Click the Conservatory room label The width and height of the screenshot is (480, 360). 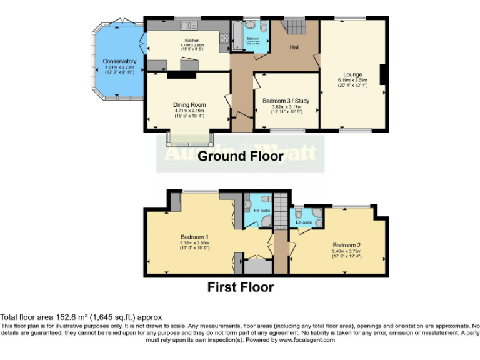coord(119,61)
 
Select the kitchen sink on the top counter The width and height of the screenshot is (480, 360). coord(188,26)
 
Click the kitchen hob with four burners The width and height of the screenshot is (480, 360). coord(224,41)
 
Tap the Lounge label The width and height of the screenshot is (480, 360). coord(352,74)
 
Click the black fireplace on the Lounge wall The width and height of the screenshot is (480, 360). coord(383,73)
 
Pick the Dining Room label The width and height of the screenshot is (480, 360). coord(189,105)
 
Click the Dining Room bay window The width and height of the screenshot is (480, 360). coord(189,139)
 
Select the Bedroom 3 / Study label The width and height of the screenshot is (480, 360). coord(286,101)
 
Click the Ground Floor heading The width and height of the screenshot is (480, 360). coord(241,156)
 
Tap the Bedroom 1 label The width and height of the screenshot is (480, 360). coord(194,237)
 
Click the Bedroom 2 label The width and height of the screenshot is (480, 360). coord(347,245)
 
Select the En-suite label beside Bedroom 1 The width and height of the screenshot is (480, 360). coord(261,211)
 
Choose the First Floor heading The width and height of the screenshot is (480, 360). coord(241,287)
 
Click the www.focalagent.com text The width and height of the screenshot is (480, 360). coord(307,340)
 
